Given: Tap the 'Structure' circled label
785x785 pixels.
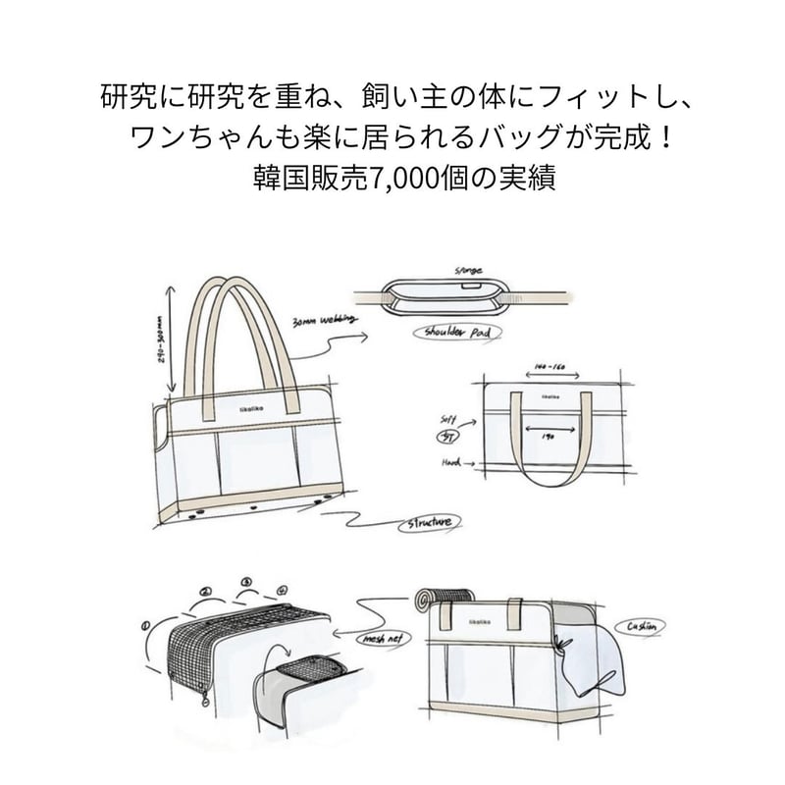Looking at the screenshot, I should pyautogui.click(x=431, y=523).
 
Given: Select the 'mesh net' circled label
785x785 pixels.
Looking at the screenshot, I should pyautogui.click(x=379, y=639).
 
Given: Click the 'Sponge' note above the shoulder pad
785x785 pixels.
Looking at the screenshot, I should pyautogui.click(x=469, y=269).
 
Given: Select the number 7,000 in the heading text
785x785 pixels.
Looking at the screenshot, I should pyautogui.click(x=396, y=180).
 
